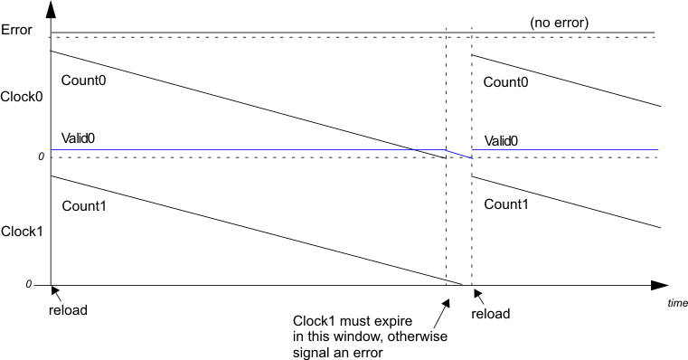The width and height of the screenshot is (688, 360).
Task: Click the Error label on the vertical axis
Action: coord(17,30)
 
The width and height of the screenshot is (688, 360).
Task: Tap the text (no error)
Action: coord(558,23)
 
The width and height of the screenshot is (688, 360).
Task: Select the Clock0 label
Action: coord(21,95)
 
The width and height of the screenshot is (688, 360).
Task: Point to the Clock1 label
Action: coord(21,231)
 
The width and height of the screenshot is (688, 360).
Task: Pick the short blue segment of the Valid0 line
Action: coord(459,154)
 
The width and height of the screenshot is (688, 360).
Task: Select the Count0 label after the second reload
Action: coord(506,82)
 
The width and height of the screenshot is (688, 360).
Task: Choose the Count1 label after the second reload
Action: coord(506,204)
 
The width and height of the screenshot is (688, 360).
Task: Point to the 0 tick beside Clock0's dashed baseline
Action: coord(41,157)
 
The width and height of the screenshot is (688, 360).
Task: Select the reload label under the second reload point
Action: coord(492,314)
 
